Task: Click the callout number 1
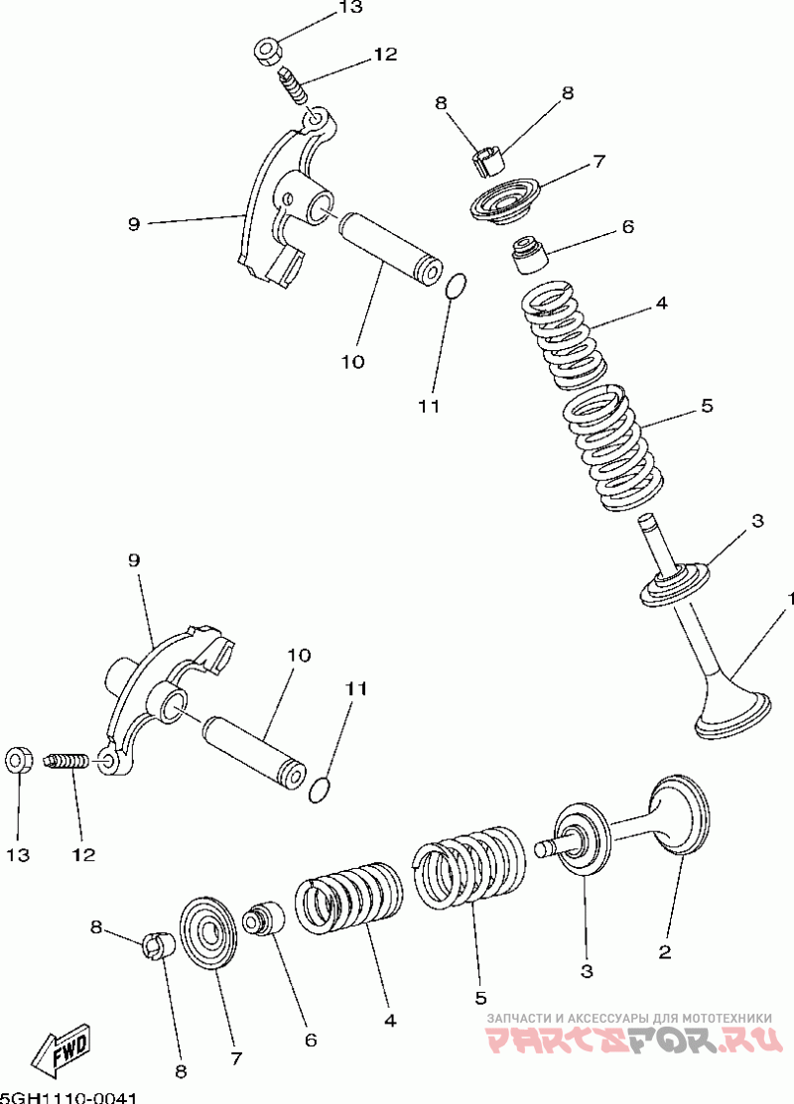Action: click(790, 599)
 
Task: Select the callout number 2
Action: click(665, 952)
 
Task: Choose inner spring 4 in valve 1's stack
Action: click(562, 332)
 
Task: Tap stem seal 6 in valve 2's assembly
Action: click(265, 918)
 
